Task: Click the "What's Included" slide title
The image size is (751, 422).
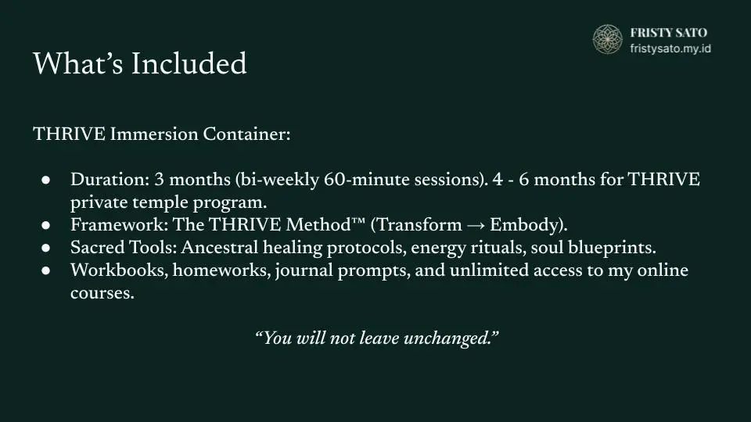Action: click(140, 63)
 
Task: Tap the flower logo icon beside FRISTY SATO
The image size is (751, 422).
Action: click(607, 39)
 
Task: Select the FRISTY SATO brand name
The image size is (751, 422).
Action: click(669, 33)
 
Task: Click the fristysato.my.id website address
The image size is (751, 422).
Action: click(670, 48)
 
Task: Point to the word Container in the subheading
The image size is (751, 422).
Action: click(246, 134)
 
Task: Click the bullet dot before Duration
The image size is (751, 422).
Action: click(46, 181)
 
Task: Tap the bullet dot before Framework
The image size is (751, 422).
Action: click(46, 225)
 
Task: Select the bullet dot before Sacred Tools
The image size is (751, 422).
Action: click(46, 248)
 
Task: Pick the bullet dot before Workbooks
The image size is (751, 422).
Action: click(46, 271)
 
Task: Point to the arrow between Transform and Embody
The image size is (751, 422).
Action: click(476, 226)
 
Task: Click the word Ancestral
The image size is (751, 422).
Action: click(220, 248)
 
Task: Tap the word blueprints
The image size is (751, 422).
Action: click(612, 249)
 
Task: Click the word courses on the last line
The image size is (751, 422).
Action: click(102, 293)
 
